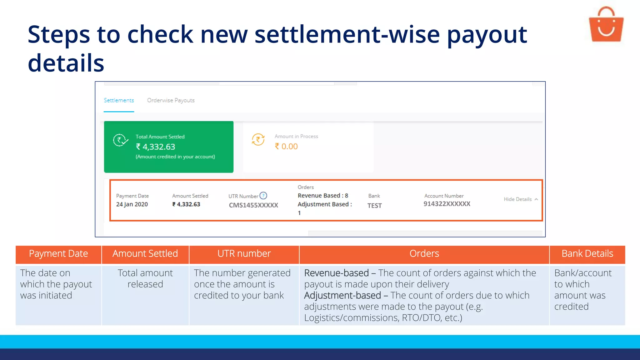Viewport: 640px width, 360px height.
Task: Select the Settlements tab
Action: click(119, 100)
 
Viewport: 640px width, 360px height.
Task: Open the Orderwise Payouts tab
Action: click(171, 100)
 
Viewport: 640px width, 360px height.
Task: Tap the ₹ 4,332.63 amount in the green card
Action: click(156, 147)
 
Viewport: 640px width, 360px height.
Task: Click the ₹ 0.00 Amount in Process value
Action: click(286, 147)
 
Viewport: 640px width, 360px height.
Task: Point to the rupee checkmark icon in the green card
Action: click(120, 140)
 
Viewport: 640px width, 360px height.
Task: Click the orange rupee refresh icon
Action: click(258, 140)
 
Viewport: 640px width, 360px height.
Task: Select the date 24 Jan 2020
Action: click(132, 204)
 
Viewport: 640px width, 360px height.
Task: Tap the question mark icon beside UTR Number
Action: click(263, 196)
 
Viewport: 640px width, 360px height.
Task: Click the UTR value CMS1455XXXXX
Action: click(253, 205)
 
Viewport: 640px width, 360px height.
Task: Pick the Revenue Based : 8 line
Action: click(323, 196)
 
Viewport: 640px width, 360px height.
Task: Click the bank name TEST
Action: click(374, 206)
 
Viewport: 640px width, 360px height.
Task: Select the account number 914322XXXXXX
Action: click(447, 204)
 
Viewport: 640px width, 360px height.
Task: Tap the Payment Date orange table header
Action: click(58, 253)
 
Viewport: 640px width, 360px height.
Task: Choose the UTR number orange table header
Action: click(244, 253)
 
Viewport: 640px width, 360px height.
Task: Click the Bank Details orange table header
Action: click(587, 253)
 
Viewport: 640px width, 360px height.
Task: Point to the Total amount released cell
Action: click(145, 278)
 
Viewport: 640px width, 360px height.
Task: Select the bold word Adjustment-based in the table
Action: click(342, 295)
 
